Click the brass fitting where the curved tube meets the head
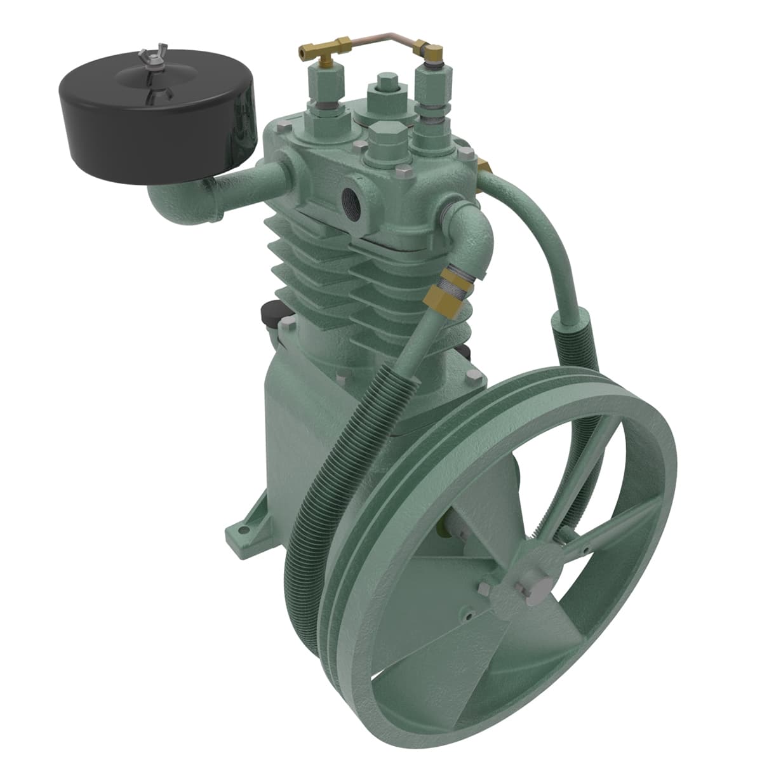pyautogui.click(x=486, y=166)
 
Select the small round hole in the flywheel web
pyautogui.click(x=469, y=615)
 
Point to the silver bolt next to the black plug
pyautogui.click(x=288, y=326)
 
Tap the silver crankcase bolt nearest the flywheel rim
pyautogui.click(x=472, y=377)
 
